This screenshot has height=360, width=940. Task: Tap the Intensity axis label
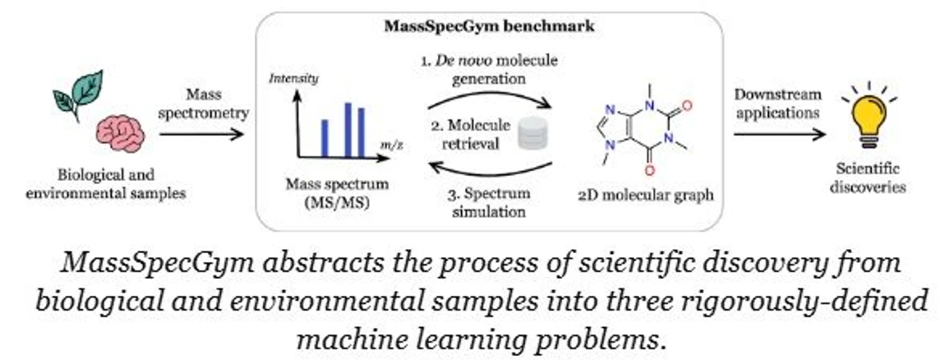pyautogui.click(x=293, y=79)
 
